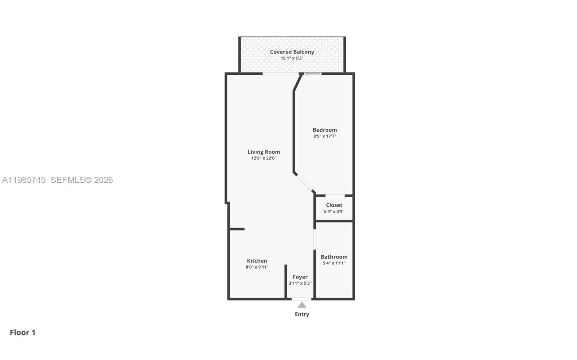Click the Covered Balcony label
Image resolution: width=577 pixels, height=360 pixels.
(x=292, y=52)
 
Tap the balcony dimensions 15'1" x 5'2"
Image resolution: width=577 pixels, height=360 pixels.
(x=292, y=58)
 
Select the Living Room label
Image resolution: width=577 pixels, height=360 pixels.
(x=264, y=152)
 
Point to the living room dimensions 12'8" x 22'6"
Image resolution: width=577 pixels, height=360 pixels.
(x=264, y=158)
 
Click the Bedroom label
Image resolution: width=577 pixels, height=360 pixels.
(x=325, y=130)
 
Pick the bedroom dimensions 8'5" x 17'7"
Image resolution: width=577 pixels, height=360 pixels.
(x=325, y=136)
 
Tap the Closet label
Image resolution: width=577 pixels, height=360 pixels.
(x=334, y=205)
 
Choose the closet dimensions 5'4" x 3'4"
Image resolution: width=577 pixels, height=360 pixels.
(x=334, y=211)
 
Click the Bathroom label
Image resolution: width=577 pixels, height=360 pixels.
(x=334, y=257)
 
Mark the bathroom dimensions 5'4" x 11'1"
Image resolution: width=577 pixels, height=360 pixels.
(x=334, y=263)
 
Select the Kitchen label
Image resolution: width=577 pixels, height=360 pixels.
(x=257, y=261)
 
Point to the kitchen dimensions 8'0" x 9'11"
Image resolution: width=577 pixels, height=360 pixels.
(x=257, y=267)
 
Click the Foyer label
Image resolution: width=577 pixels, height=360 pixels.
(x=300, y=277)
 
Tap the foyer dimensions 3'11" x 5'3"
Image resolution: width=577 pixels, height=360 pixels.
(x=300, y=283)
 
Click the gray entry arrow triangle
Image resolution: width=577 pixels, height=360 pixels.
(x=302, y=305)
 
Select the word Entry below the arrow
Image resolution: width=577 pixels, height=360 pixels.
(x=302, y=314)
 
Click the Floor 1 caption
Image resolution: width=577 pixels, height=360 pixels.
(x=23, y=333)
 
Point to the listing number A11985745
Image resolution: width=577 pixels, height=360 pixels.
(x=24, y=180)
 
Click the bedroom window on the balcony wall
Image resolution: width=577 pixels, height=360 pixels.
(x=312, y=74)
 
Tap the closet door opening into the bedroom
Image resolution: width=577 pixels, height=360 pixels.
(x=335, y=196)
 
